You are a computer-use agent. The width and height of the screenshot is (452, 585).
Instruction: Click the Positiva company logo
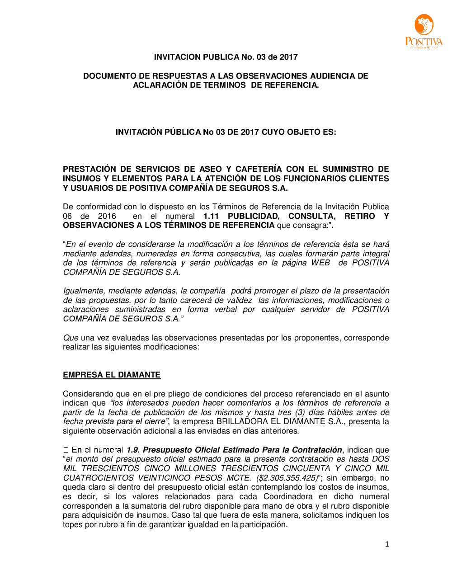[424, 31]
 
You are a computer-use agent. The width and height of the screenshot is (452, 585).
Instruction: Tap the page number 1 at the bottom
[387, 544]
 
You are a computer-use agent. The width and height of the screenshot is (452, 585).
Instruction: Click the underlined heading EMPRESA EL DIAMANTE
[112, 375]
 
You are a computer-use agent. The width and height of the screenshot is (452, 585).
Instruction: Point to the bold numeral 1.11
[211, 216]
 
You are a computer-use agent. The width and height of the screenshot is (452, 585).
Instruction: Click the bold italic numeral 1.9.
[133, 450]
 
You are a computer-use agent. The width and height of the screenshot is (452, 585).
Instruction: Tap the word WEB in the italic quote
[320, 263]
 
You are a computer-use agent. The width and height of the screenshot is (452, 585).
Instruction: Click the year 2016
[107, 216]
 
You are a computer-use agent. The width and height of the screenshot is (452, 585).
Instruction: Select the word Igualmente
[84, 291]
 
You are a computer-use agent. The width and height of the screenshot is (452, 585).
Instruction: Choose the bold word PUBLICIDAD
[254, 216]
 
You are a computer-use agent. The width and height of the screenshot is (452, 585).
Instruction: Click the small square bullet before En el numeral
[66, 450]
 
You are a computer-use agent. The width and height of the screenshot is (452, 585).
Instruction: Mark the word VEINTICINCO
[164, 478]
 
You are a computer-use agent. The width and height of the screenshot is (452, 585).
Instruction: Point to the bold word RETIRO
[359, 216]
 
